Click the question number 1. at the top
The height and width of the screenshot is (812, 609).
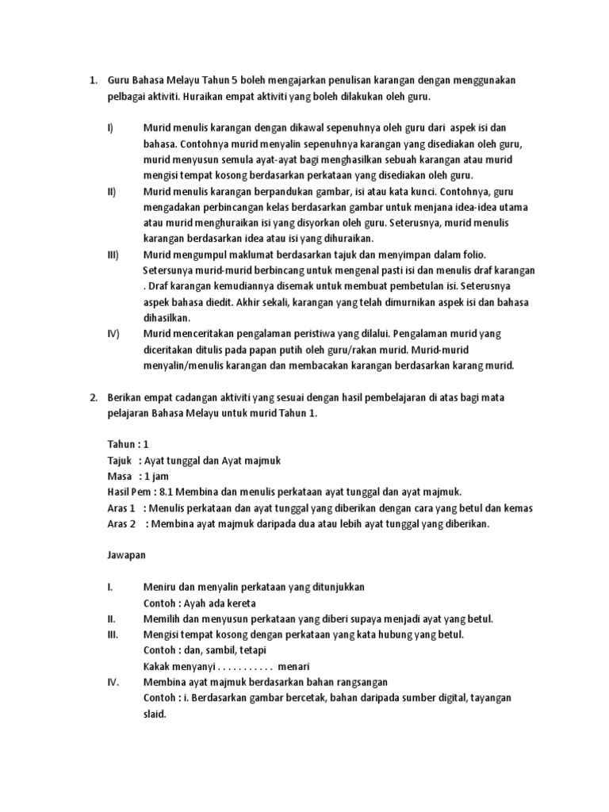(92, 80)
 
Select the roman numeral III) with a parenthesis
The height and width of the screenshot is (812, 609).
(112, 255)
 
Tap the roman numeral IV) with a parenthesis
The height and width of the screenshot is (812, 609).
(113, 334)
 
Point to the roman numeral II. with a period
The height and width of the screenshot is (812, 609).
(111, 619)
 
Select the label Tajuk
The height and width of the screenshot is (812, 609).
(120, 460)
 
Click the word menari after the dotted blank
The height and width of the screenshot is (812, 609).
(293, 666)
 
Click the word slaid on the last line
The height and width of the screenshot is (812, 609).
(155, 714)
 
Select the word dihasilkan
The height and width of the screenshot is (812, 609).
(168, 318)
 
